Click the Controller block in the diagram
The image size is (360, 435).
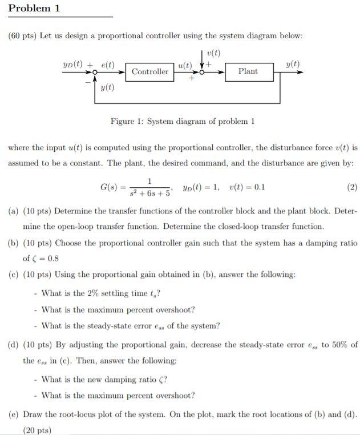tap(150, 72)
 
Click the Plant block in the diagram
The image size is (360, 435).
tap(248, 71)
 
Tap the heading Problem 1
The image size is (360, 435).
tap(35, 9)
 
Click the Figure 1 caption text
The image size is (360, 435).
tap(183, 121)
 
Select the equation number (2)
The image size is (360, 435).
tap(352, 187)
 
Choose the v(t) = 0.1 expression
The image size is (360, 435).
tap(246, 187)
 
